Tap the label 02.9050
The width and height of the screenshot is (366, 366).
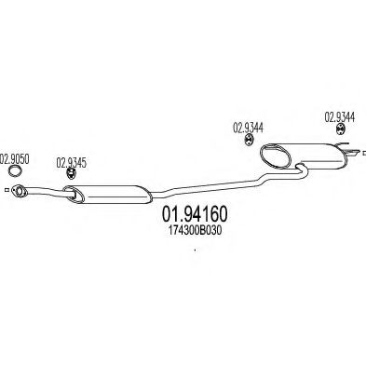click(15, 157)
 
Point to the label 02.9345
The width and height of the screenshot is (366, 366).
click(72, 159)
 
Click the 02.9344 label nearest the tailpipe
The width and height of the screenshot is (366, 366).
click(340, 116)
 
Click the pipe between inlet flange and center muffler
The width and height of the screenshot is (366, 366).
click(42, 193)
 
